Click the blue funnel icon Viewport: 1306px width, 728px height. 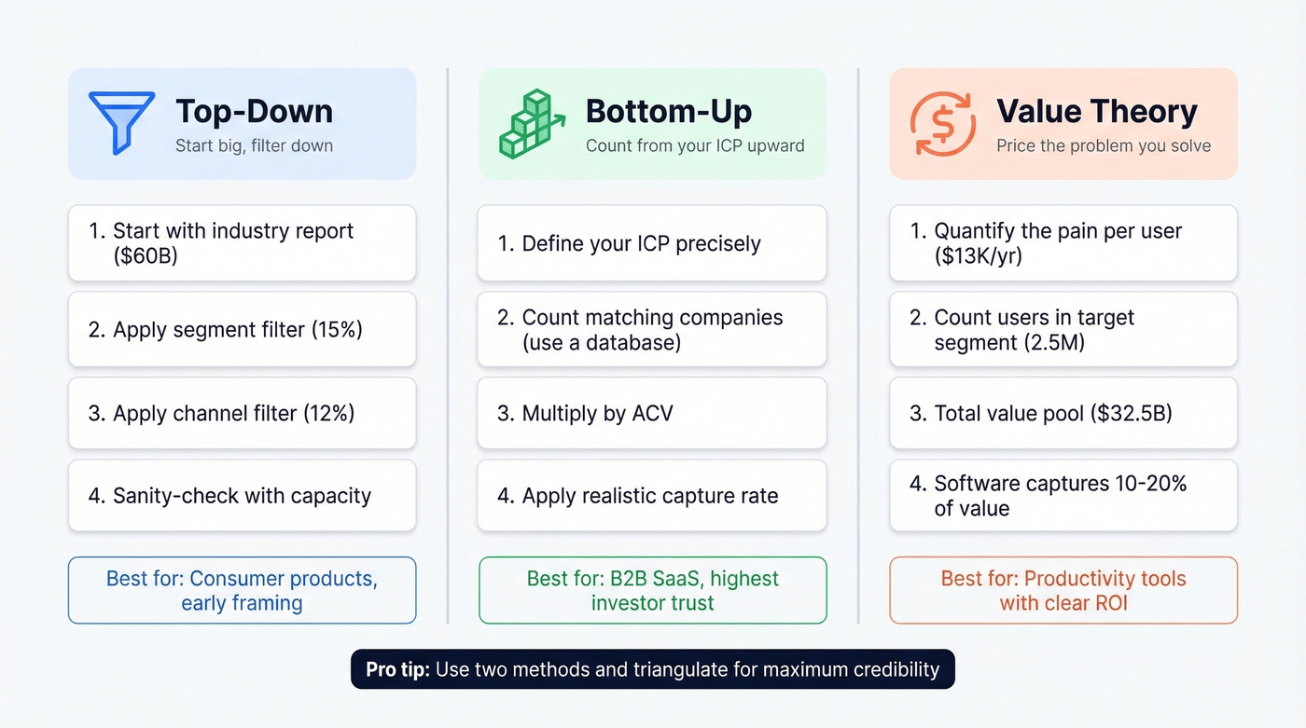point(121,122)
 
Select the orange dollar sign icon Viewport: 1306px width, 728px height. point(942,123)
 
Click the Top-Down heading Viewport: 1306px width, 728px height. point(254,111)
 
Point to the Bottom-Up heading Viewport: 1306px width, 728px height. point(668,111)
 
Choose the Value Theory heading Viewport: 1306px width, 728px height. point(1096,111)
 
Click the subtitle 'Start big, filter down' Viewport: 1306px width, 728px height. point(254,145)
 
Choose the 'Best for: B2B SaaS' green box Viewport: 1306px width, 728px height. point(652,590)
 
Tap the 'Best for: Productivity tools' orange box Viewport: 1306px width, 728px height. point(1063,590)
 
